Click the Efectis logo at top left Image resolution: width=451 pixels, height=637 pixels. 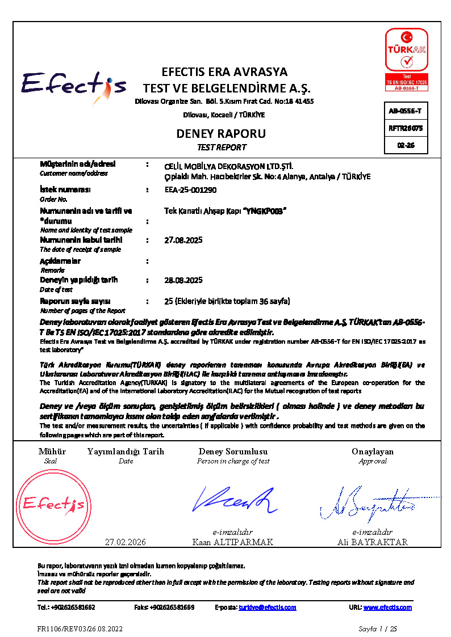click(x=74, y=87)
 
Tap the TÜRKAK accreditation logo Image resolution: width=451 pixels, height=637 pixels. click(x=406, y=58)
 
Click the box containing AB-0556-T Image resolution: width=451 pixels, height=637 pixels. click(x=406, y=111)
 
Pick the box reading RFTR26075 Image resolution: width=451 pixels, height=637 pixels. click(x=406, y=128)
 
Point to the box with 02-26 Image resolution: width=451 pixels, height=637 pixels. click(x=406, y=145)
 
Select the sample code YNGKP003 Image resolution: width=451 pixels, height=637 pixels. click(x=264, y=211)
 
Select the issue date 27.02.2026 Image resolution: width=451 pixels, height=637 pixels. click(x=126, y=542)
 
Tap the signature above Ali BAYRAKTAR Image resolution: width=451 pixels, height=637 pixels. click(x=372, y=503)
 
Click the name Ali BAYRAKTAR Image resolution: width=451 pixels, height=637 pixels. click(x=372, y=542)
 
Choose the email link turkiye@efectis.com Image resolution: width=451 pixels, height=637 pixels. click(x=268, y=608)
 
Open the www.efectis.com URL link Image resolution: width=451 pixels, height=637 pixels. click(x=387, y=608)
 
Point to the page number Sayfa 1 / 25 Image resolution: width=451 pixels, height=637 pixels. click(x=378, y=628)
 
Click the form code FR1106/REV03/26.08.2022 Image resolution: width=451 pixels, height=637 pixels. click(x=80, y=628)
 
